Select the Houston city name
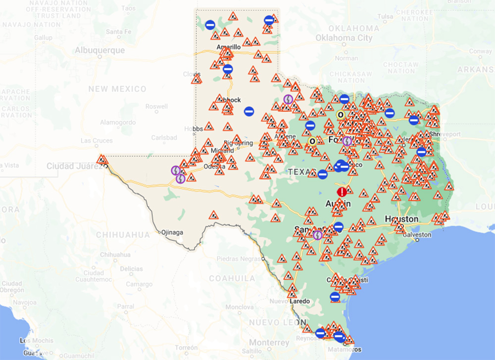pos(401,219)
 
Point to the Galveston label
pos(417,234)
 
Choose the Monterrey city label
pos(269,342)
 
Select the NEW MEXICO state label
pos(117,89)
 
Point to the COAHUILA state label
pos(232,278)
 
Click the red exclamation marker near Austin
pos(342,192)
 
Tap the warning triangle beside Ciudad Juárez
pos(102,160)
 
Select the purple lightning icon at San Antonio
pos(317,235)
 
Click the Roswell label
pos(157,106)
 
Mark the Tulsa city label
pos(385,16)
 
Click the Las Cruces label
pos(97,141)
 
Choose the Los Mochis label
pos(33,340)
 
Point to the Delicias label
pos(131,268)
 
